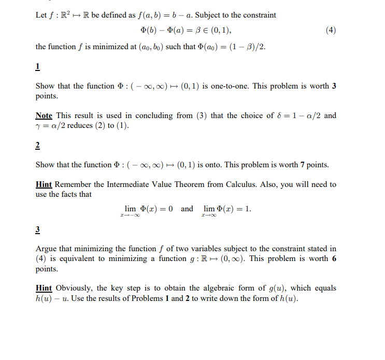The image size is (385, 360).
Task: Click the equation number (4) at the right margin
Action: point(331,30)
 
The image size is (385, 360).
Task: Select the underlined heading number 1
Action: point(38,67)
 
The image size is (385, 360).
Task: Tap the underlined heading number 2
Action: point(38,146)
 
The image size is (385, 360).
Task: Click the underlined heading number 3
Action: point(38,229)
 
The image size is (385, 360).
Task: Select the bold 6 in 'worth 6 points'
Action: point(334,258)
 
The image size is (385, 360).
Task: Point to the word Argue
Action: point(47,249)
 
